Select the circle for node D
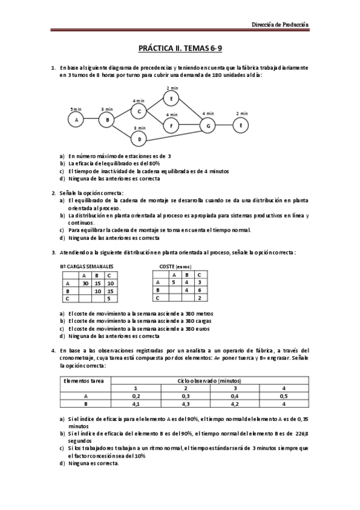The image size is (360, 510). (x=139, y=140)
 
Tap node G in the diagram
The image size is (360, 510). (x=208, y=125)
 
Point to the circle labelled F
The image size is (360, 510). (x=171, y=126)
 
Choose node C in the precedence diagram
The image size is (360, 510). (x=139, y=111)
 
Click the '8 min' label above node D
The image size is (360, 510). (x=139, y=128)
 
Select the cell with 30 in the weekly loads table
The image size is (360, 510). (x=85, y=283)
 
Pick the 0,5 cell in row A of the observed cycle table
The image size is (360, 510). (x=284, y=396)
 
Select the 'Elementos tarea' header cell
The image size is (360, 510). (x=84, y=381)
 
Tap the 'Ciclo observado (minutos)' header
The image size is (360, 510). (x=210, y=381)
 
